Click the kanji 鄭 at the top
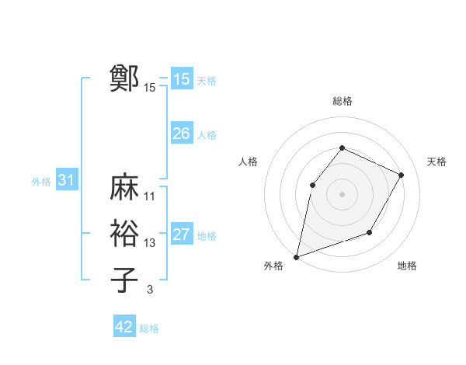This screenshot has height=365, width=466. pos(124,78)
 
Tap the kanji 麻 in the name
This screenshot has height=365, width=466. pos(124,187)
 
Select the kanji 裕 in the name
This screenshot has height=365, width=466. pos(124,233)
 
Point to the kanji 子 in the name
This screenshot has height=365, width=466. pos(124,279)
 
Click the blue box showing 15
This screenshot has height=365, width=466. pos(181,79)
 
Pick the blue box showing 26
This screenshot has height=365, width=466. pos(181,134)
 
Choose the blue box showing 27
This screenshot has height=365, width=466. pos(181,235)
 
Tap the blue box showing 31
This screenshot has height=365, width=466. pos(66,181)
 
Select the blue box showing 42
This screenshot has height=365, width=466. pos(123,327)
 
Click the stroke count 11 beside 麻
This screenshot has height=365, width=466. pos(150,196)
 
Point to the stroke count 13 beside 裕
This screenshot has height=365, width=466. pos(150,243)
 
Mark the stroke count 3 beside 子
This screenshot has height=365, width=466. pos(150,290)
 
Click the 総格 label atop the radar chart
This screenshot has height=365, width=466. pos(342,101)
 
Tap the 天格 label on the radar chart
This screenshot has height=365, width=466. pos(436,162)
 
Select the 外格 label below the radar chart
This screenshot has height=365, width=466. pos(273,266)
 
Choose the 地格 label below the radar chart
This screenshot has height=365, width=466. pos(407,266)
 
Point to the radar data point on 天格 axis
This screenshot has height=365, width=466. pos(402,175)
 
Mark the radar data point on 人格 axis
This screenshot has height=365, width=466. pos(312,185)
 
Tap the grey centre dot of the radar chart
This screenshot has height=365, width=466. pos(342,194)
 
